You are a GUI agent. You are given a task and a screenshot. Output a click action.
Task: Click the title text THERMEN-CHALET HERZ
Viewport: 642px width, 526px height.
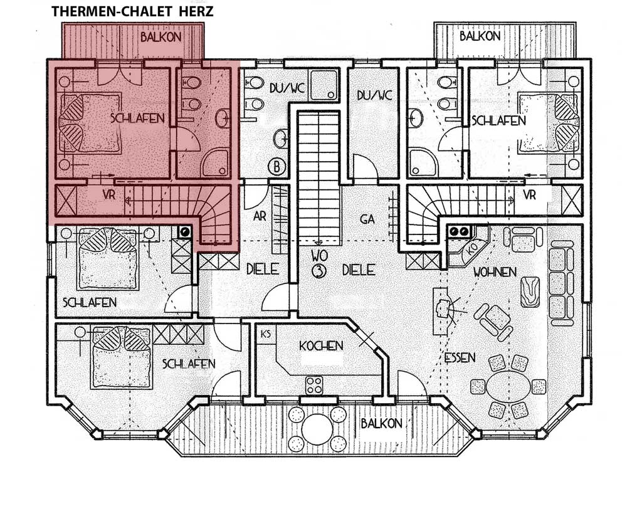pyautogui.click(x=132, y=11)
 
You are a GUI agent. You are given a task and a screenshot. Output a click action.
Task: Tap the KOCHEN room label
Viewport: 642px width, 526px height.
pyautogui.click(x=321, y=346)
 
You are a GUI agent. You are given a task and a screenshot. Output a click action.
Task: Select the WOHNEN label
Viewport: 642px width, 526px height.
pyautogui.click(x=495, y=272)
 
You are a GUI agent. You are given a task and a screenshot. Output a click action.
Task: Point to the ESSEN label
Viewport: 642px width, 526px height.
pyautogui.click(x=460, y=358)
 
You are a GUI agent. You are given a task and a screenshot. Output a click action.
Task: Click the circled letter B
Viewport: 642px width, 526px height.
pyautogui.click(x=276, y=167)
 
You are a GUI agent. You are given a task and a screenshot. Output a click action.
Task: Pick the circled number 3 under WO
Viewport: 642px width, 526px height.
pyautogui.click(x=318, y=271)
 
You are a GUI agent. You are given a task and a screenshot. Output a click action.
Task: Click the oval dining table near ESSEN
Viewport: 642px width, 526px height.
pyautogui.click(x=508, y=386)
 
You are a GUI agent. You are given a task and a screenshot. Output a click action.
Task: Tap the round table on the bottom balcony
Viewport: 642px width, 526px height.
pyautogui.click(x=317, y=429)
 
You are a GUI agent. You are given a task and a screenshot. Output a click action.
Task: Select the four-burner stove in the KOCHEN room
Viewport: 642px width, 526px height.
pyautogui.click(x=314, y=385)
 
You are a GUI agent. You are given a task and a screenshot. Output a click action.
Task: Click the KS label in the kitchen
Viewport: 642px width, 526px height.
pyautogui.click(x=266, y=334)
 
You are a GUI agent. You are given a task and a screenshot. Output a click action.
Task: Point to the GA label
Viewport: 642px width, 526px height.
pyautogui.click(x=367, y=219)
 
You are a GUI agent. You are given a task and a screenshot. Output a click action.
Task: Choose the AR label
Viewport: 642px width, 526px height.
pyautogui.click(x=260, y=216)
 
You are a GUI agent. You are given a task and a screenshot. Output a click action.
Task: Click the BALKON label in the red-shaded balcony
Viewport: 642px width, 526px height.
pyautogui.click(x=161, y=37)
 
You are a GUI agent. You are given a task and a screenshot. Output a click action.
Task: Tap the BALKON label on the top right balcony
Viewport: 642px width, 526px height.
pyautogui.click(x=480, y=36)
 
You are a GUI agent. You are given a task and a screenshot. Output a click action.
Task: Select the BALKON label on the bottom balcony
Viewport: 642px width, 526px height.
pyautogui.click(x=382, y=423)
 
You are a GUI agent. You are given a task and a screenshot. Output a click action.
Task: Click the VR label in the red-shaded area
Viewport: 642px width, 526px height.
pyautogui.click(x=109, y=195)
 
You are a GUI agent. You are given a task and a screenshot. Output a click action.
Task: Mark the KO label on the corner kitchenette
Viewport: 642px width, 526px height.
pyautogui.click(x=471, y=249)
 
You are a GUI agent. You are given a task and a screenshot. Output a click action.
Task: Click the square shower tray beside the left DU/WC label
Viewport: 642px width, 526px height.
pyautogui.click(x=324, y=85)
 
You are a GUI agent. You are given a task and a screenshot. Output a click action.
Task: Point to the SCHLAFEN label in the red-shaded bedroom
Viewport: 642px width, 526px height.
pyautogui.click(x=137, y=118)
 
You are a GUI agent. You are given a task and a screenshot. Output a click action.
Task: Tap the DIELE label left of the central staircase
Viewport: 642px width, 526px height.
pyautogui.click(x=263, y=269)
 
